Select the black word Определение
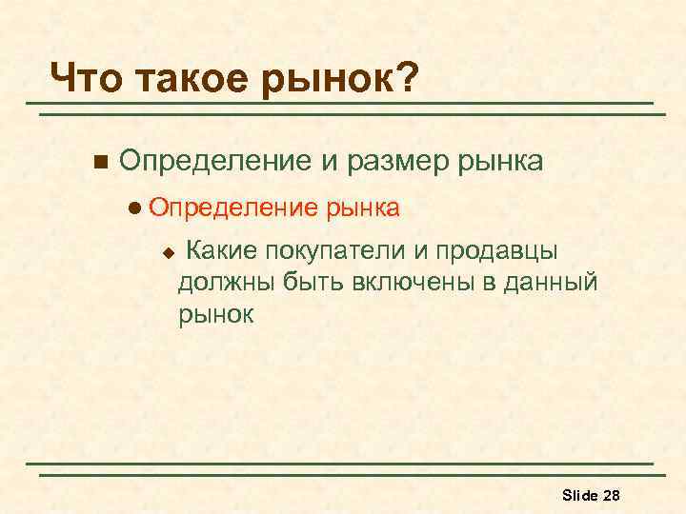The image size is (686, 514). [x=214, y=160]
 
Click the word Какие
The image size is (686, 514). [x=221, y=251]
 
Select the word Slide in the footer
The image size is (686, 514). [x=579, y=495]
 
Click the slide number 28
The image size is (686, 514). [x=613, y=495]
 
